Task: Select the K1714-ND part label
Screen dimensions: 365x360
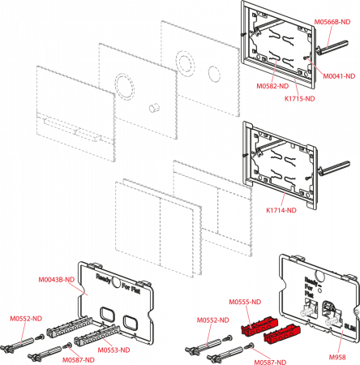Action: (281, 210)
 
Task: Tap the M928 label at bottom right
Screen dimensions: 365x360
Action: (337, 356)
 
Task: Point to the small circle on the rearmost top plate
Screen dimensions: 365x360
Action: (213, 74)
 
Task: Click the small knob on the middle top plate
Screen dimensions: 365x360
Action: (152, 107)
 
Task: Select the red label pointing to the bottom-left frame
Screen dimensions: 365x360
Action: (58, 280)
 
